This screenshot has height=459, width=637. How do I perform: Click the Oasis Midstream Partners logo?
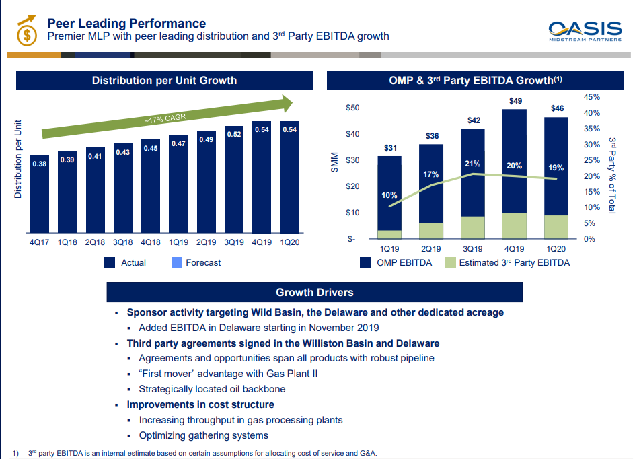tap(585, 31)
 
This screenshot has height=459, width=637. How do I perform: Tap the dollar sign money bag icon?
tap(26, 31)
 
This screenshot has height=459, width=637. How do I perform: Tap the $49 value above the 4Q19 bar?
tap(515, 101)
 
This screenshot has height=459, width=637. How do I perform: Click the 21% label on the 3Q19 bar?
tap(472, 164)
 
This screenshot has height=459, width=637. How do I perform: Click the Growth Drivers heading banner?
tap(315, 292)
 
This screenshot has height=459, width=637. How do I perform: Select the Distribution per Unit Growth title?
tap(164, 81)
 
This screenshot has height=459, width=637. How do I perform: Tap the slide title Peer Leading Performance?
tap(126, 24)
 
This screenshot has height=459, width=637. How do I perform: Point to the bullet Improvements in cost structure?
tap(200, 404)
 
